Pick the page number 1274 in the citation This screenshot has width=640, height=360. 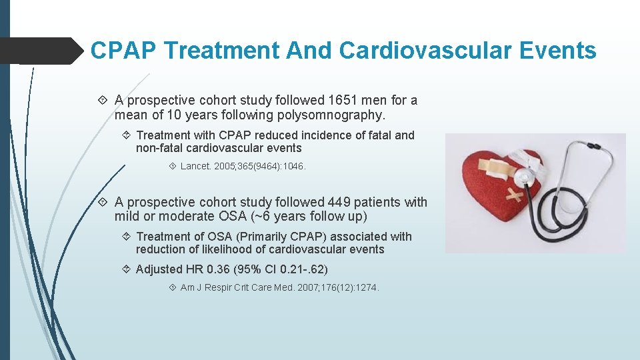[365, 288]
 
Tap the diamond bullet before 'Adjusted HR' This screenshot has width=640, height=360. [126, 269]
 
